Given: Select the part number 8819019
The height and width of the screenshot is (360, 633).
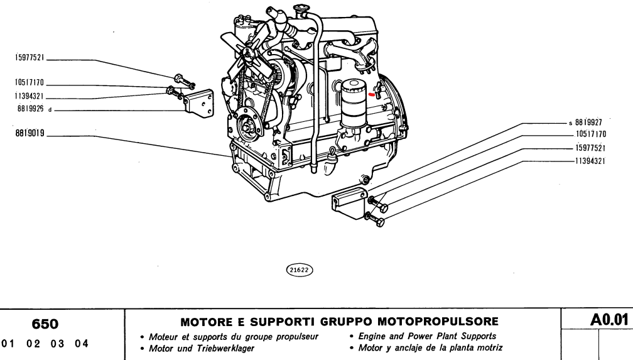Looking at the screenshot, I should tap(27, 134).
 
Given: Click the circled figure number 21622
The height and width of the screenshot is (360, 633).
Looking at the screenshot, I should tap(300, 269).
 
